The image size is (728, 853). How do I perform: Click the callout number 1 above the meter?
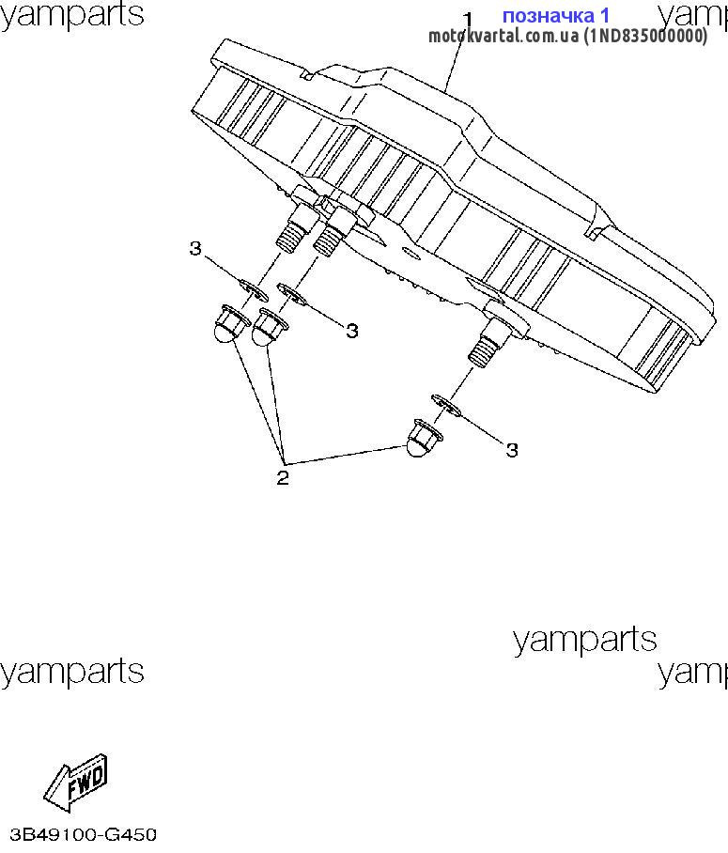[x=468, y=20]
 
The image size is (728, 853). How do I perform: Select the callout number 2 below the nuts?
[x=283, y=477]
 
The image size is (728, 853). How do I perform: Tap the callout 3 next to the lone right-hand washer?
[x=511, y=450]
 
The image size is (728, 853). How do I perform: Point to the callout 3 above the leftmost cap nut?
[x=195, y=248]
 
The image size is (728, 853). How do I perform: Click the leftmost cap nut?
[x=230, y=324]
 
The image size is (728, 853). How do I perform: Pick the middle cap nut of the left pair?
[x=269, y=328]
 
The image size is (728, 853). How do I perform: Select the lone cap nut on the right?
[x=424, y=438]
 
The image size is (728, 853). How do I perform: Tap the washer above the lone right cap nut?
[x=446, y=406]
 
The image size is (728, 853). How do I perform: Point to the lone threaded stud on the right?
[x=488, y=343]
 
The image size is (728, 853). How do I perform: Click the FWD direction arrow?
[x=76, y=783]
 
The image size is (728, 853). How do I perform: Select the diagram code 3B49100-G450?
[x=84, y=834]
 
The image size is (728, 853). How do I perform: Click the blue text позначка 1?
[x=555, y=16]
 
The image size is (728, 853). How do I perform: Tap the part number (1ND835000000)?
[x=645, y=36]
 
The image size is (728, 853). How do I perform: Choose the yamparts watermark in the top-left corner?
[x=71, y=15]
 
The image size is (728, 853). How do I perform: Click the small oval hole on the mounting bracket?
[x=410, y=254]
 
